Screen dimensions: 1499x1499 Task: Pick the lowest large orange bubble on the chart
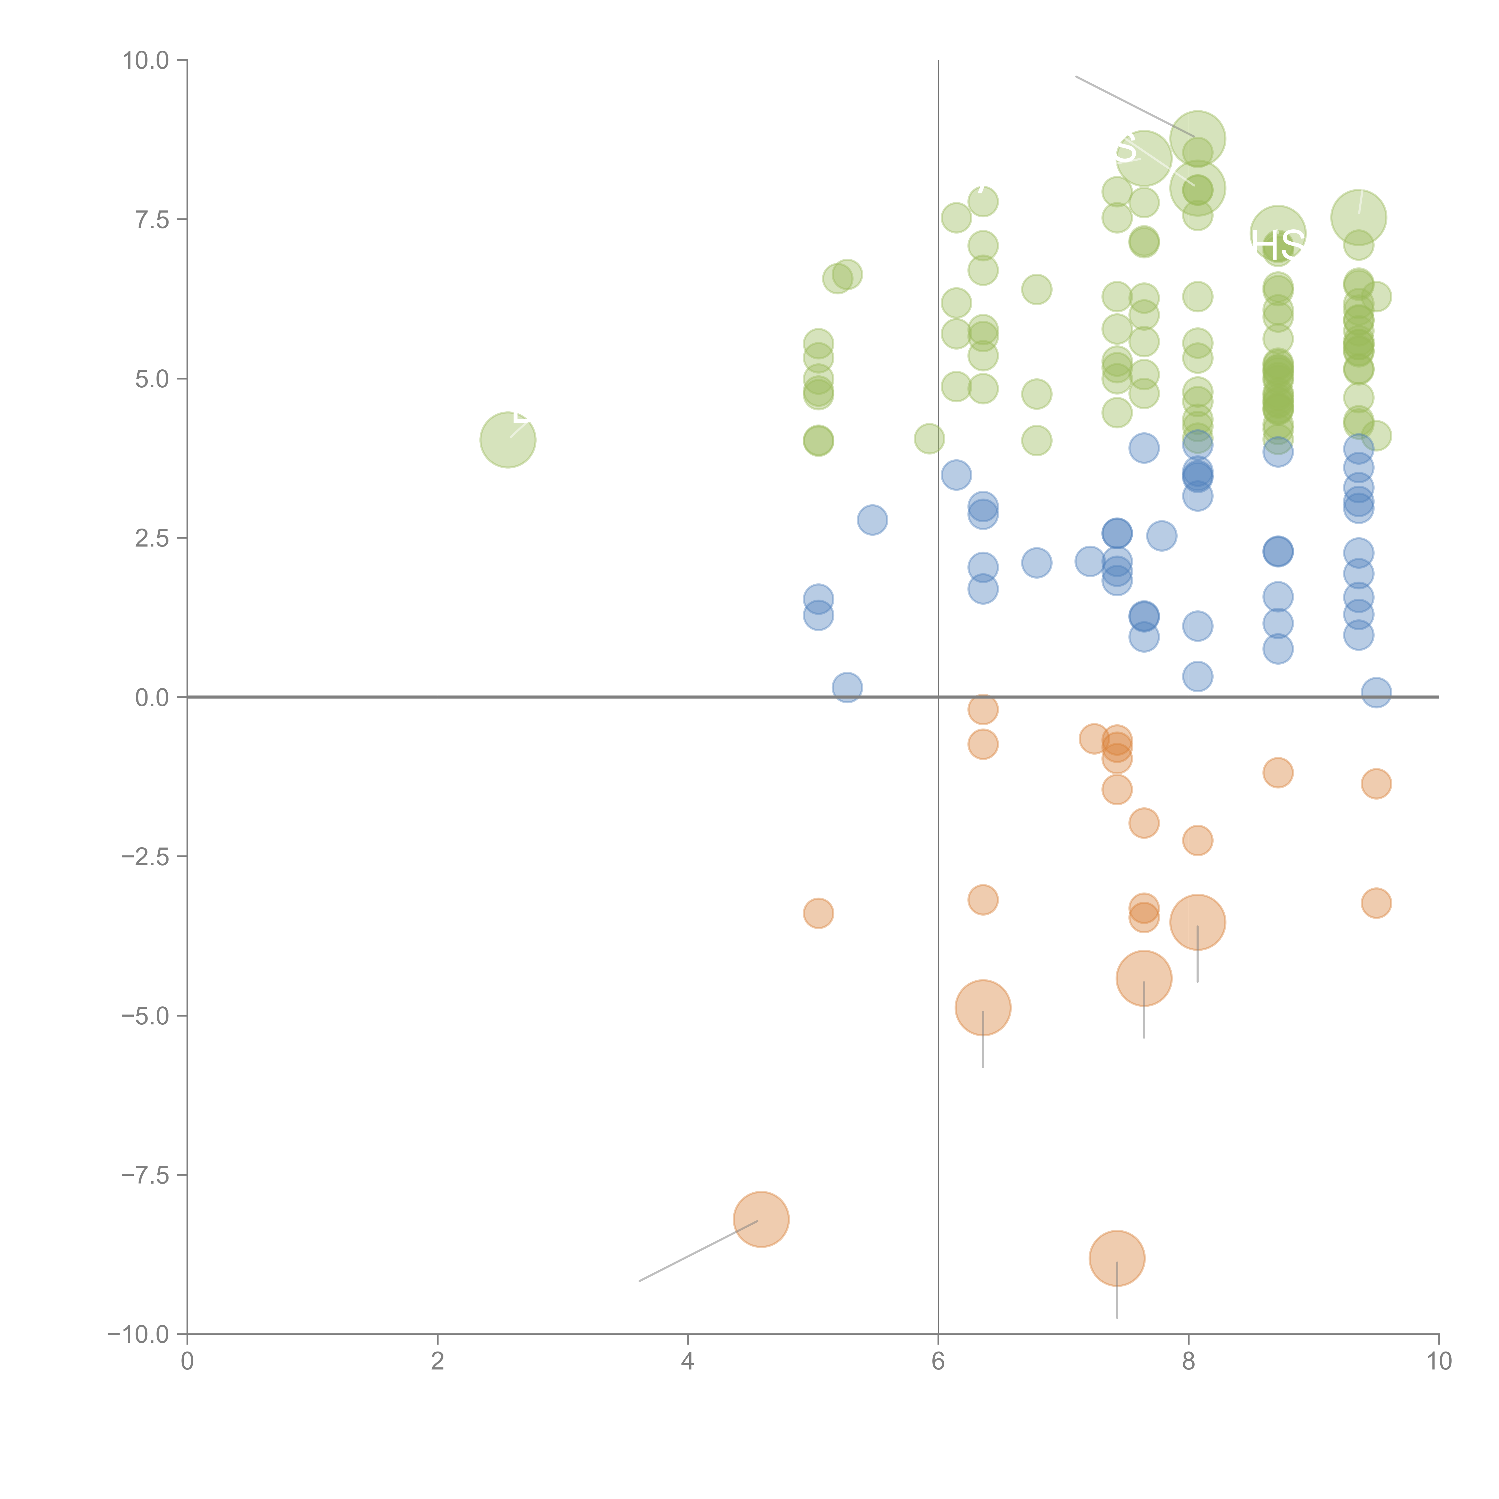[1116, 1259]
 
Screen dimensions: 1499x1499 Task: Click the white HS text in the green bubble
[1278, 245]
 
